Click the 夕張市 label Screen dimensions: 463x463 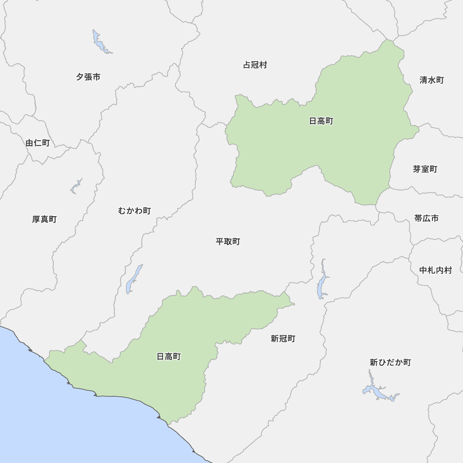tap(88, 77)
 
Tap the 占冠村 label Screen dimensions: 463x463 tap(255, 65)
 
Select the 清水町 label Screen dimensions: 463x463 tap(432, 80)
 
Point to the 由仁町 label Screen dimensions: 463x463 tap(38, 143)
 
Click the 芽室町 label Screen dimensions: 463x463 tap(425, 169)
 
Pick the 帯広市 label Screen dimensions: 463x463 tap(426, 218)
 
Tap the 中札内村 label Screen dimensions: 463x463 tap(435, 270)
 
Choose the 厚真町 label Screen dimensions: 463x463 tap(44, 219)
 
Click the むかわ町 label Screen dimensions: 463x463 tap(134, 211)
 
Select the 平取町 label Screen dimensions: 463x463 tap(228, 242)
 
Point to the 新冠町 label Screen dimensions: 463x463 tap(283, 338)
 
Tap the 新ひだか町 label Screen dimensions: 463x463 tap(390, 363)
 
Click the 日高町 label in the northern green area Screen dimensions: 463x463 tap(321, 121)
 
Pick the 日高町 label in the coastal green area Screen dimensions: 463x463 tap(169, 357)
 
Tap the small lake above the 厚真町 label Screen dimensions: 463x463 tap(76, 186)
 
